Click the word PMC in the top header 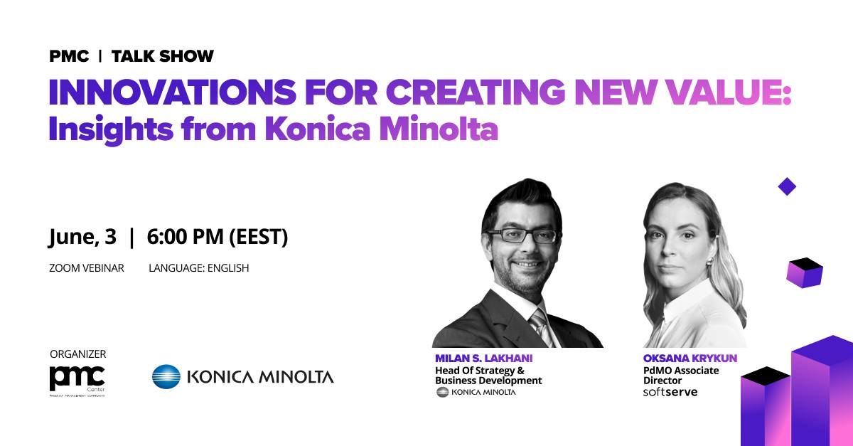tap(69, 56)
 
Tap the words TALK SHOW tap(163, 56)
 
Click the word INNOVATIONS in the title tap(173, 92)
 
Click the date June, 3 tap(82, 237)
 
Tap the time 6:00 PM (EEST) tap(218, 237)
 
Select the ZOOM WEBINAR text tap(87, 268)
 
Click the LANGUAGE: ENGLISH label tap(199, 268)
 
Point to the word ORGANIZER tap(78, 354)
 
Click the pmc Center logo tap(77, 381)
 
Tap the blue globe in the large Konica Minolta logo tap(166, 376)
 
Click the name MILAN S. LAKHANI tap(483, 359)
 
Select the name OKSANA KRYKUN tap(690, 359)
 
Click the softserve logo tap(670, 392)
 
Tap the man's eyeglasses tap(522, 236)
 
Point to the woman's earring tap(709, 262)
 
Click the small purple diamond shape tap(787, 187)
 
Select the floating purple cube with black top tap(805, 272)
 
